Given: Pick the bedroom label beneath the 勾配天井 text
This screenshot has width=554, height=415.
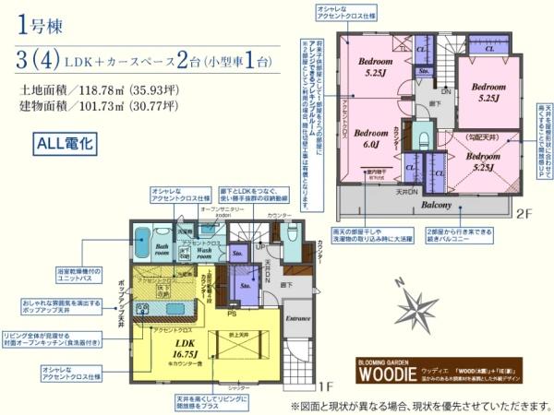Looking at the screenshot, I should pos(483,162).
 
